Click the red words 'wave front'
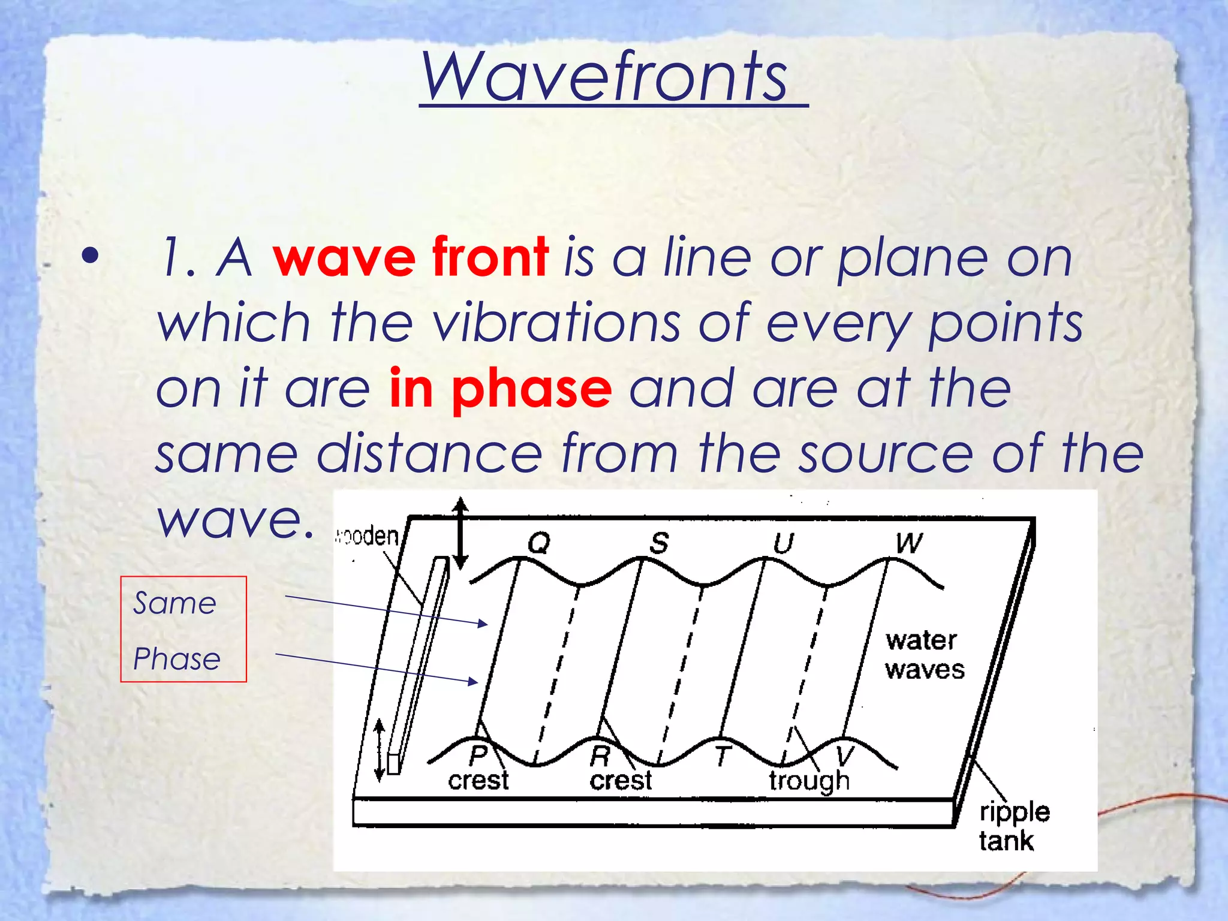tap(410, 258)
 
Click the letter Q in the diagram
tap(538, 543)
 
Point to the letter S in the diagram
tap(659, 543)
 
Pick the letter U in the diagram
tap(783, 544)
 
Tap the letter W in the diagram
tap(909, 543)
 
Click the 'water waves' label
tap(924, 655)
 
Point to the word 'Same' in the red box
tap(174, 603)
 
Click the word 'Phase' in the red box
tap(177, 659)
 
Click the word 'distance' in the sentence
tap(429, 454)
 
